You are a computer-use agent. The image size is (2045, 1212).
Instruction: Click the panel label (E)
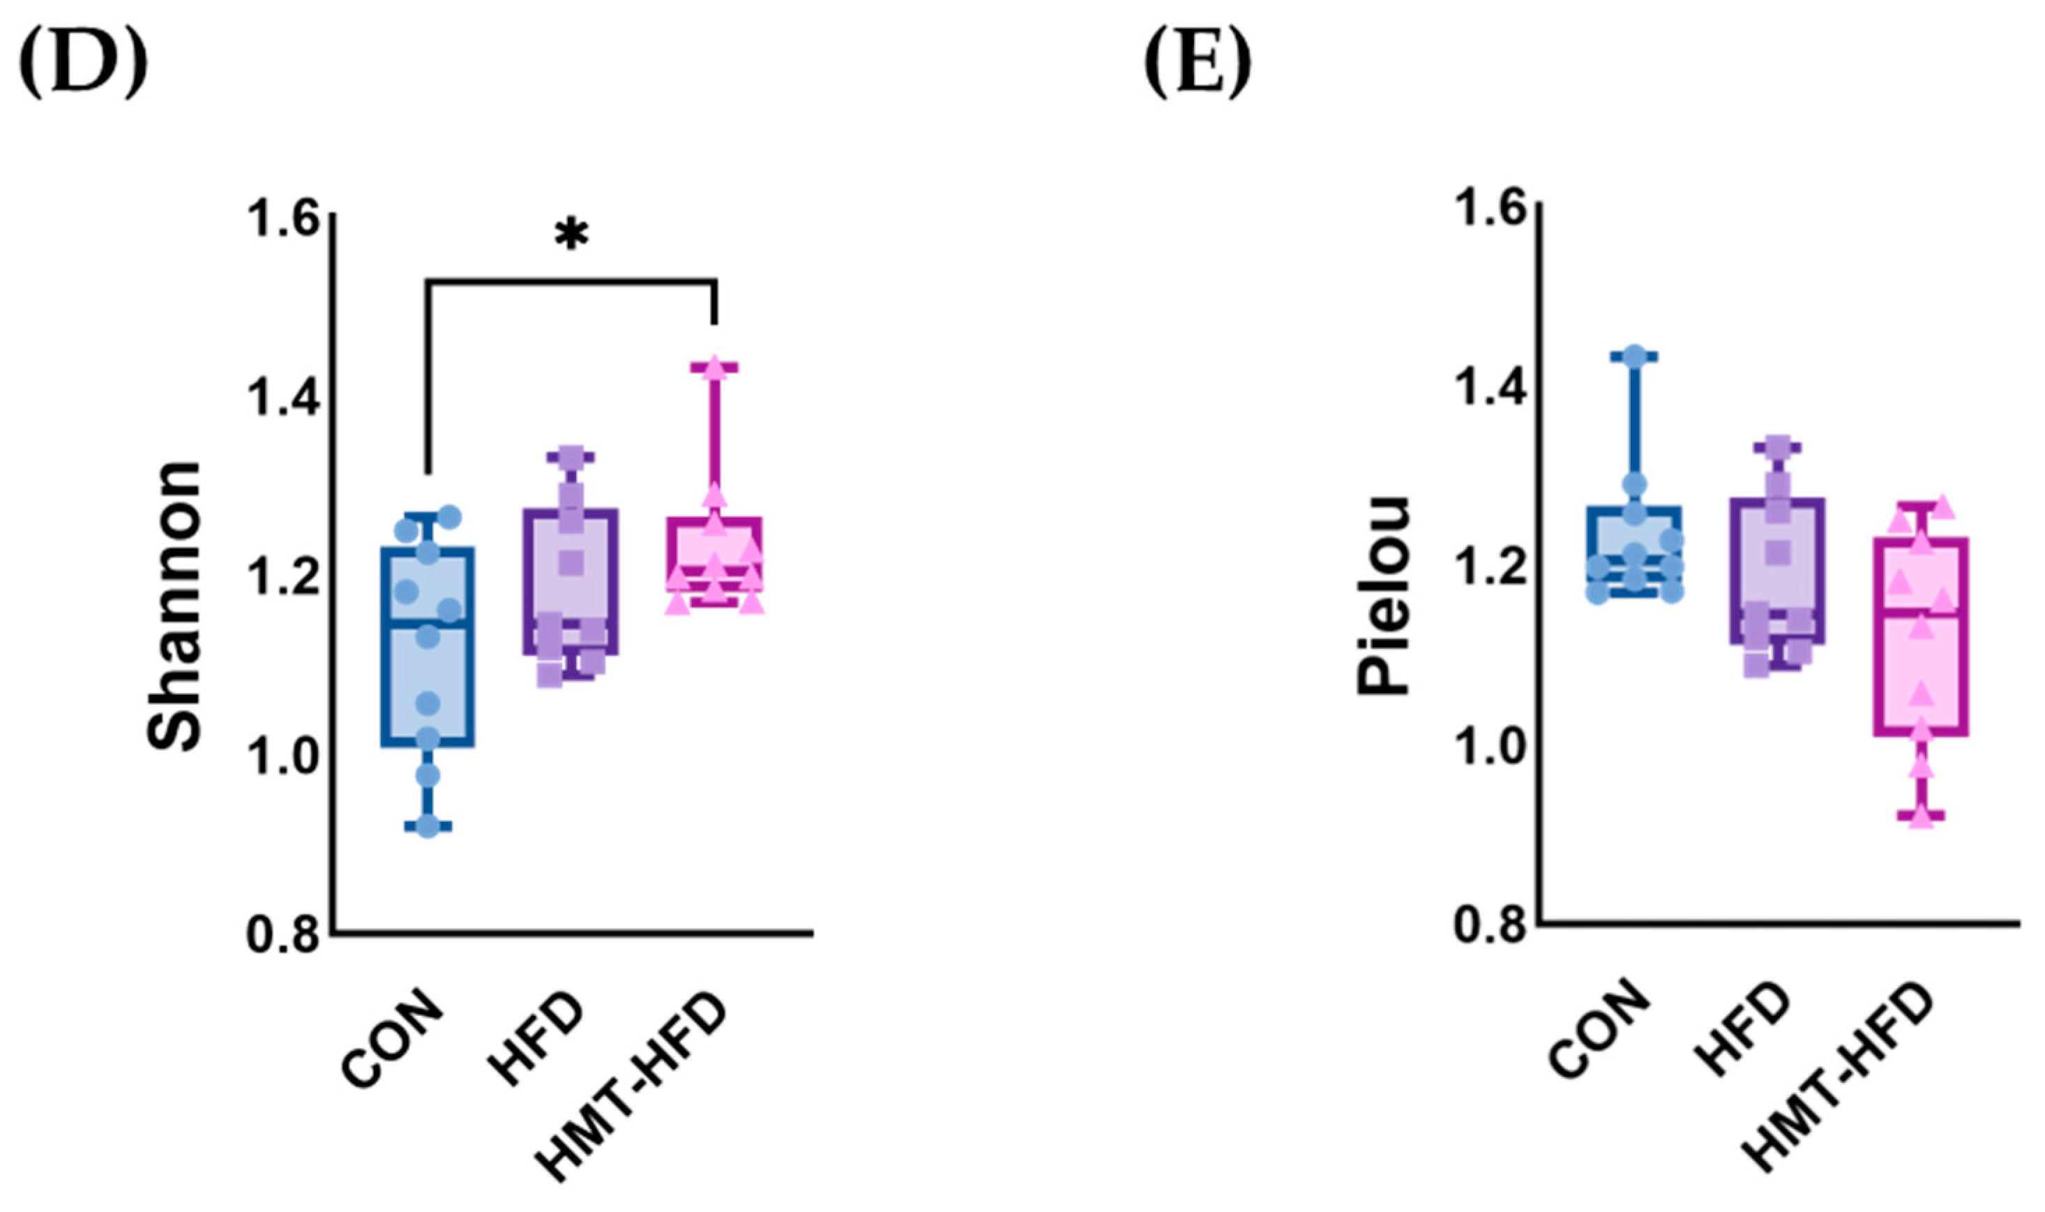pyautogui.click(x=1198, y=62)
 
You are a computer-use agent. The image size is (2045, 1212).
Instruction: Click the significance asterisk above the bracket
pyautogui.click(x=571, y=234)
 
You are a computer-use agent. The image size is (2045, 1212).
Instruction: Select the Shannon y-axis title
pyautogui.click(x=174, y=606)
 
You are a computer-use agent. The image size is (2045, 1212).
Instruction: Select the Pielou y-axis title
pyautogui.click(x=1383, y=596)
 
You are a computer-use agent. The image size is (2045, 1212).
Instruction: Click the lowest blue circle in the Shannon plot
pyautogui.click(x=428, y=827)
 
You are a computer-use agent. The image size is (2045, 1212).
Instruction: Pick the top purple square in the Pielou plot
pyautogui.click(x=1778, y=447)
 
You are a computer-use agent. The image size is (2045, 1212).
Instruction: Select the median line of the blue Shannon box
pyautogui.click(x=428, y=624)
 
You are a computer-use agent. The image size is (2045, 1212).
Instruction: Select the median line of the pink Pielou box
pyautogui.click(x=1922, y=612)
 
